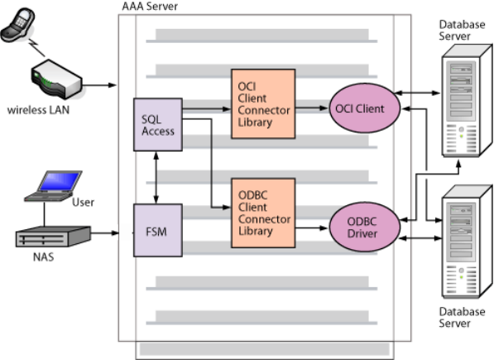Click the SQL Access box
click(x=158, y=124)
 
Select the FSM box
click(x=158, y=230)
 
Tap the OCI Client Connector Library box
click(x=263, y=103)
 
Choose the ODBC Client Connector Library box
click(x=263, y=213)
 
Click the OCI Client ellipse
click(x=365, y=108)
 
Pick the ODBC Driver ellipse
click(x=365, y=227)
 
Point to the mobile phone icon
click(x=17, y=25)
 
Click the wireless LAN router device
click(x=57, y=79)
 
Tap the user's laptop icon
click(x=53, y=186)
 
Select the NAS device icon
click(x=53, y=236)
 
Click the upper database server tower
click(x=467, y=100)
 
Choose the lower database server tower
click(x=467, y=242)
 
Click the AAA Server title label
click(x=150, y=7)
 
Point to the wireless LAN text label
click(x=38, y=110)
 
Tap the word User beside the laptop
click(x=84, y=202)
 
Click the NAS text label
click(x=44, y=257)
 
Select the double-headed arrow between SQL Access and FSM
click(x=156, y=178)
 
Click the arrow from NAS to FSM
click(x=105, y=233)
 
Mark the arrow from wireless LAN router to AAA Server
click(x=99, y=84)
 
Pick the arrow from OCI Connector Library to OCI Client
click(x=312, y=108)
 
